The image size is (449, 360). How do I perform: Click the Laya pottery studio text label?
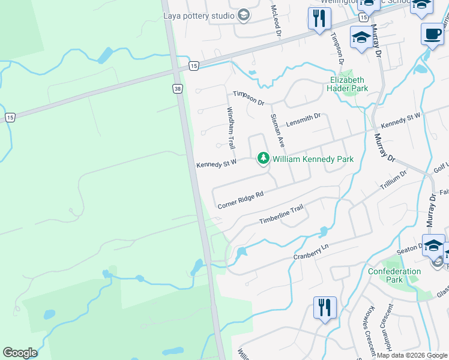(x=199, y=15)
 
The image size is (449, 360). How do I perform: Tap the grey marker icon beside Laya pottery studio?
(x=243, y=15)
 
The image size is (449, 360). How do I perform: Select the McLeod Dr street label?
(x=276, y=19)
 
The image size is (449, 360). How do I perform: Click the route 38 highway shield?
(x=177, y=88)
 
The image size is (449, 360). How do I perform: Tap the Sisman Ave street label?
(x=277, y=130)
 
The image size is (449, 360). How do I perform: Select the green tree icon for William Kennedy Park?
(x=263, y=158)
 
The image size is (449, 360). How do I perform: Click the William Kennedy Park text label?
(x=313, y=159)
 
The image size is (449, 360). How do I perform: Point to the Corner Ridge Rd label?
(x=241, y=200)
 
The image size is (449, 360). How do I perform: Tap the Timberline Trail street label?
(x=281, y=214)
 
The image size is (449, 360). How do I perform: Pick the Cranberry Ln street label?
(x=312, y=251)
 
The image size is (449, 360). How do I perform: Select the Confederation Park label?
(x=394, y=275)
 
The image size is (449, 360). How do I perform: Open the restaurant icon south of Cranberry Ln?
(x=324, y=308)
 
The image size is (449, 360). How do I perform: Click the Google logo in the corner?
(x=20, y=353)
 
